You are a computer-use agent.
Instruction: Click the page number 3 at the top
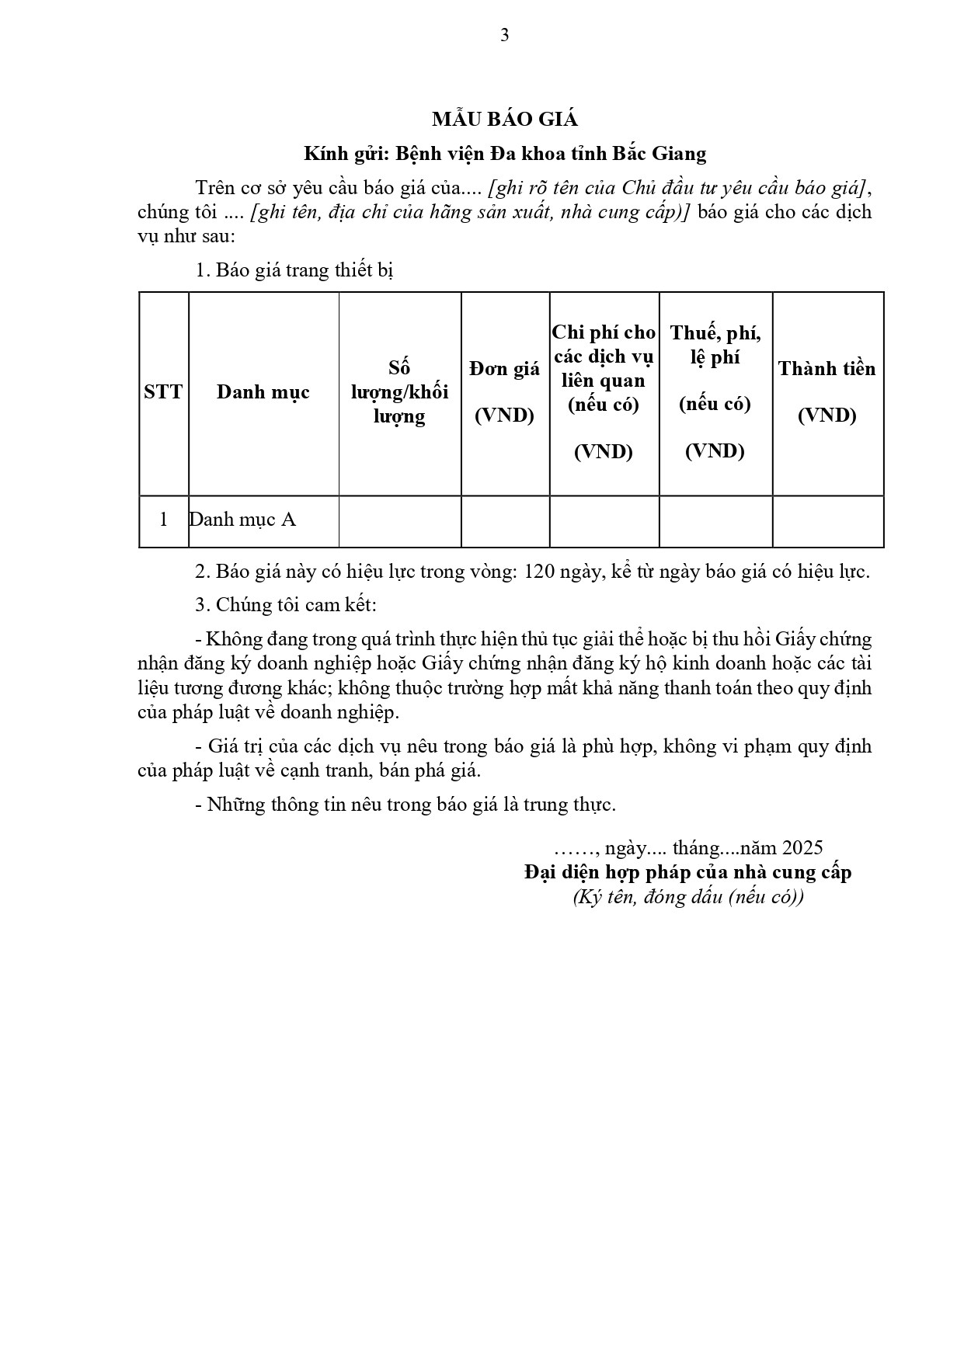coord(505,35)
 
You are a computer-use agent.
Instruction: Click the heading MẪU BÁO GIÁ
coord(505,119)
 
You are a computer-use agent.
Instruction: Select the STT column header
coord(163,391)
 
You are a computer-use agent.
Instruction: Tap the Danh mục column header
coord(263,391)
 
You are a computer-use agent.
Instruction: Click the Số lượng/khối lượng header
coord(399,391)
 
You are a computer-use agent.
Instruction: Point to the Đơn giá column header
coord(504,391)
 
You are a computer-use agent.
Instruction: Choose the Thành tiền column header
coord(827,391)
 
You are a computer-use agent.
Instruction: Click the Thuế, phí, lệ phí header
coord(715,391)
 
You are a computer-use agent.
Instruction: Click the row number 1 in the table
coord(163,520)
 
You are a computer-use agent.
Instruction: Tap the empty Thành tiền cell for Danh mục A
coord(827,521)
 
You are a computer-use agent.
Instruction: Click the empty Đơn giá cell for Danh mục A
coord(505,521)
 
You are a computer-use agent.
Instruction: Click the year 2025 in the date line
coord(802,847)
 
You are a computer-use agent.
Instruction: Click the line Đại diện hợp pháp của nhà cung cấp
coord(687,872)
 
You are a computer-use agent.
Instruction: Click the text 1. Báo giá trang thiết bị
coord(294,270)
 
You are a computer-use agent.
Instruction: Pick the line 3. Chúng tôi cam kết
coord(286,605)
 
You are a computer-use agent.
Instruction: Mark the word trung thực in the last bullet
coord(579,805)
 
